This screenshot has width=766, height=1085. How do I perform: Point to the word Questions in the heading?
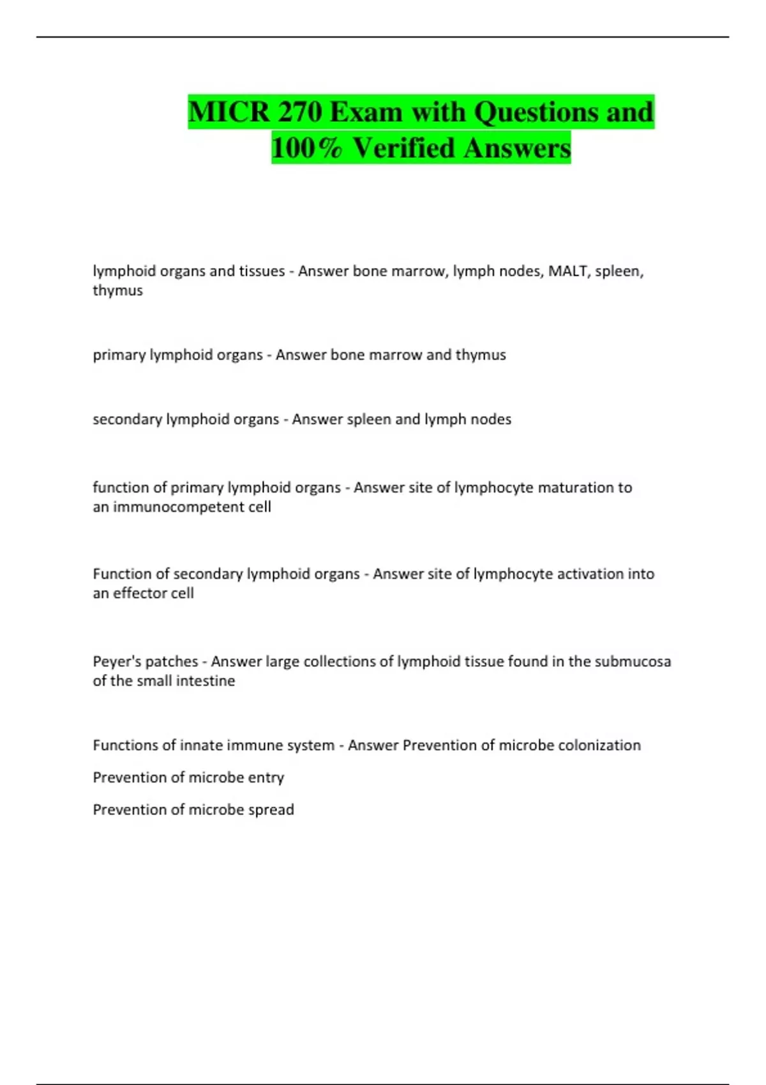[x=536, y=112]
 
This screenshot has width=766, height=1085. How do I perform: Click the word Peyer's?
[x=118, y=662]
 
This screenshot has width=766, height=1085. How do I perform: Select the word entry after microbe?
[x=266, y=778]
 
